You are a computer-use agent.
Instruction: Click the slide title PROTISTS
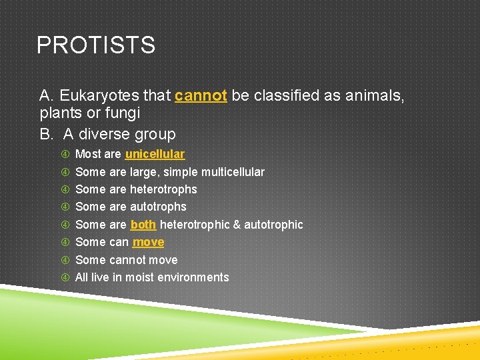point(96,45)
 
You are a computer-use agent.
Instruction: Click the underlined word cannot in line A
point(201,96)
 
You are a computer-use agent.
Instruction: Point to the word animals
point(373,96)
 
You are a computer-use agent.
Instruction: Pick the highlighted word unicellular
point(155,154)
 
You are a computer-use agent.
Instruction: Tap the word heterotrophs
point(163,189)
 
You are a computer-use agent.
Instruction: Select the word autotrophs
point(158,207)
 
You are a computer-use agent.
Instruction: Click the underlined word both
point(143,225)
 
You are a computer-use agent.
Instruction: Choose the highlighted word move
point(148,242)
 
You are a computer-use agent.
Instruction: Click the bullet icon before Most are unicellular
point(65,154)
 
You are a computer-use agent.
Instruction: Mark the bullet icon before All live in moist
point(65,277)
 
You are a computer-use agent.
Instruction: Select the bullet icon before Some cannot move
point(65,260)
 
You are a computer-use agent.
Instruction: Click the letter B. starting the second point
point(47,134)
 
